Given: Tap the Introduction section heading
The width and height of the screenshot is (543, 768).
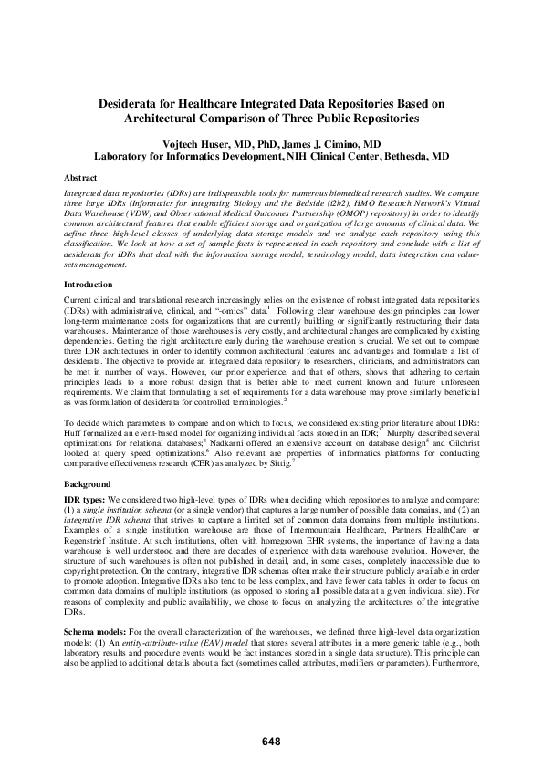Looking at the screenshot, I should (88, 285).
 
